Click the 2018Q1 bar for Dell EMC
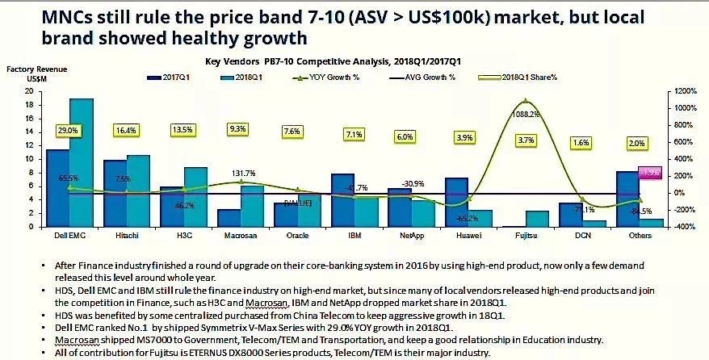(x=82, y=161)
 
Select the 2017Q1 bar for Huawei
(x=457, y=202)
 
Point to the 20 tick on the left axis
(x=29, y=91)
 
